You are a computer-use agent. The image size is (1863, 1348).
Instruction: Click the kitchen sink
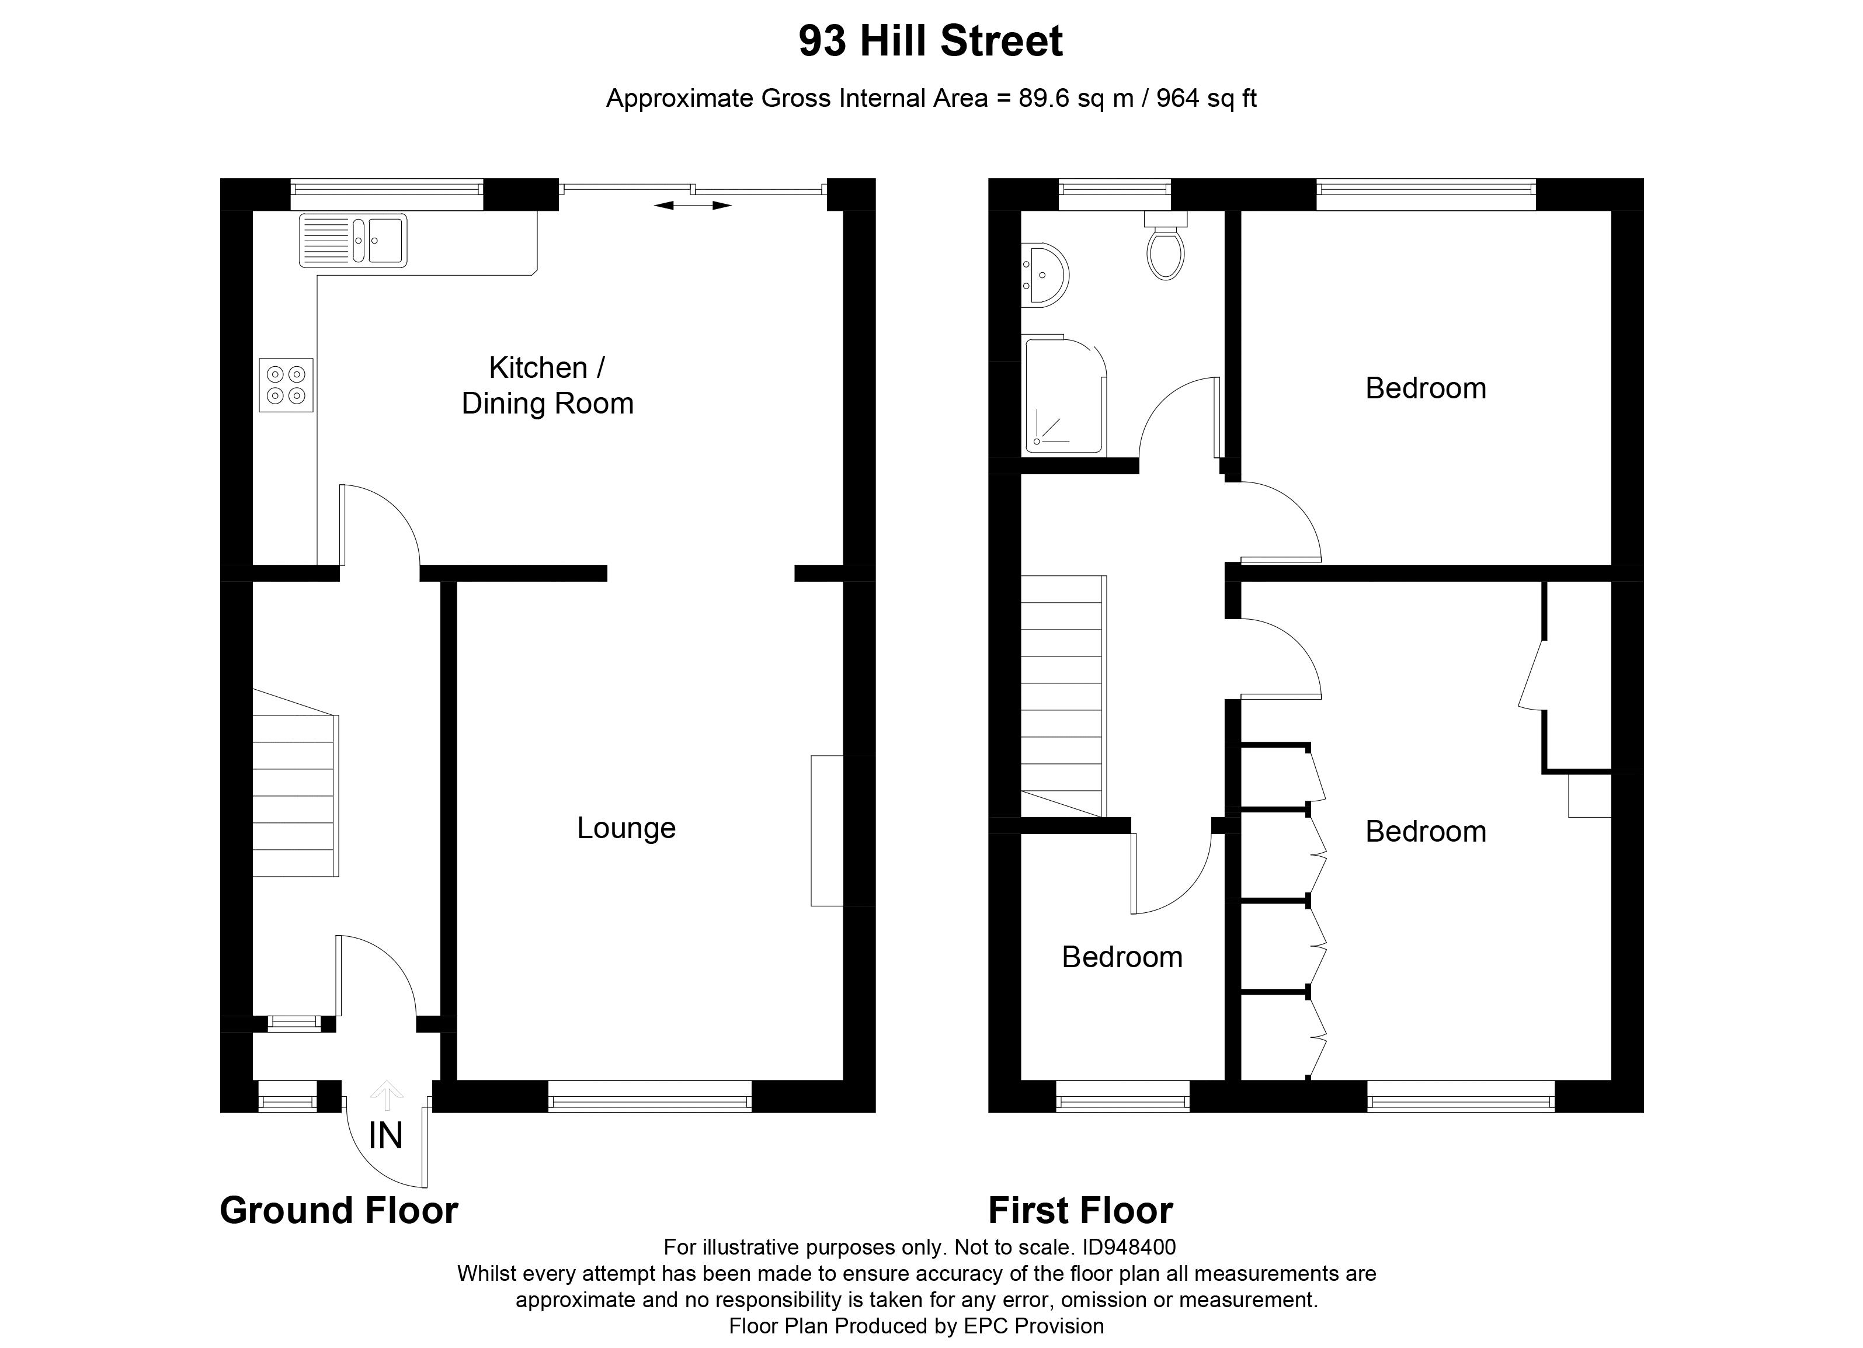pos(353,240)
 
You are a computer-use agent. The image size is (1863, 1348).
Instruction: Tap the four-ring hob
pos(286,384)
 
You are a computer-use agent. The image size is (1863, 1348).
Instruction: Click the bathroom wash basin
pos(1043,275)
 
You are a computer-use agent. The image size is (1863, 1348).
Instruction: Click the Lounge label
pos(626,828)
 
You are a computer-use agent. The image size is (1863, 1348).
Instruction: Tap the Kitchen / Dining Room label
pos(547,385)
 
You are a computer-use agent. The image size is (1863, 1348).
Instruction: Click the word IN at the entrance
pos(385,1136)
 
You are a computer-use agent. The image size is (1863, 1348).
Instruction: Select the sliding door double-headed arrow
pos(693,206)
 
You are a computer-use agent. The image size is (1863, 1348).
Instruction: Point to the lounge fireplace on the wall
pos(826,831)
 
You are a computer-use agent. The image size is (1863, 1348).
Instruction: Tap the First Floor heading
pos(1080,1211)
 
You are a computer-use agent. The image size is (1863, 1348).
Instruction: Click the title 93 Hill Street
pos(931,41)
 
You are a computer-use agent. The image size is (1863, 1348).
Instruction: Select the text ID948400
pos(1129,1247)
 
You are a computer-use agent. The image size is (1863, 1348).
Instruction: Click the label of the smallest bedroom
pos(1122,957)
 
